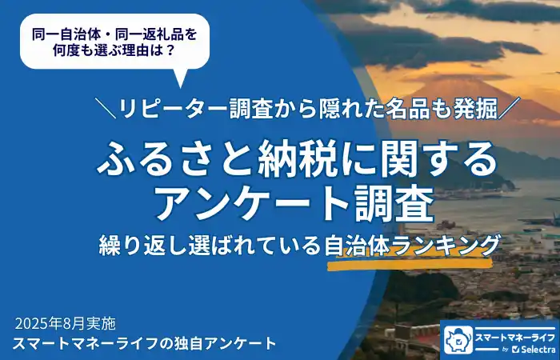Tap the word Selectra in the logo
click(537, 349)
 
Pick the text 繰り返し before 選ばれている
click(130, 243)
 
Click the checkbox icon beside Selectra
click(516, 350)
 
